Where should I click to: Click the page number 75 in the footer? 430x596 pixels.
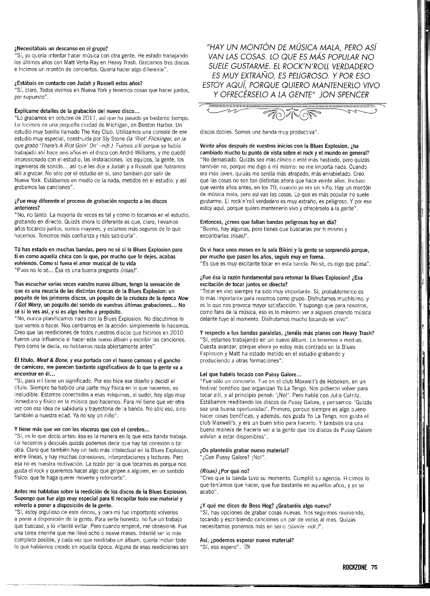[374, 567]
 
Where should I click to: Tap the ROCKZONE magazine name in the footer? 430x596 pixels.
[355, 567]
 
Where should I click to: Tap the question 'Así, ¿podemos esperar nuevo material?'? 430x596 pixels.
[246, 540]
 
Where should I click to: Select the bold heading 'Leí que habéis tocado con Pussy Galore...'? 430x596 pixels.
[250, 374]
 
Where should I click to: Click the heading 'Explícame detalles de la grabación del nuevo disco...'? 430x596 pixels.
[77, 111]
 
